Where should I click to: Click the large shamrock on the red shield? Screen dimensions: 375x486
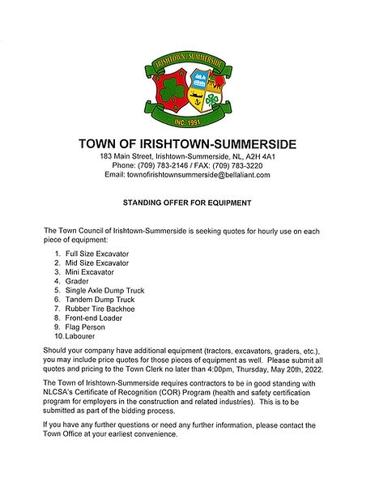click(166, 92)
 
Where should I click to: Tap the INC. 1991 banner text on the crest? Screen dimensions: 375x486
click(187, 122)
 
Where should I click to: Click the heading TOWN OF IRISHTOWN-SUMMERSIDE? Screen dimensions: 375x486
click(187, 144)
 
